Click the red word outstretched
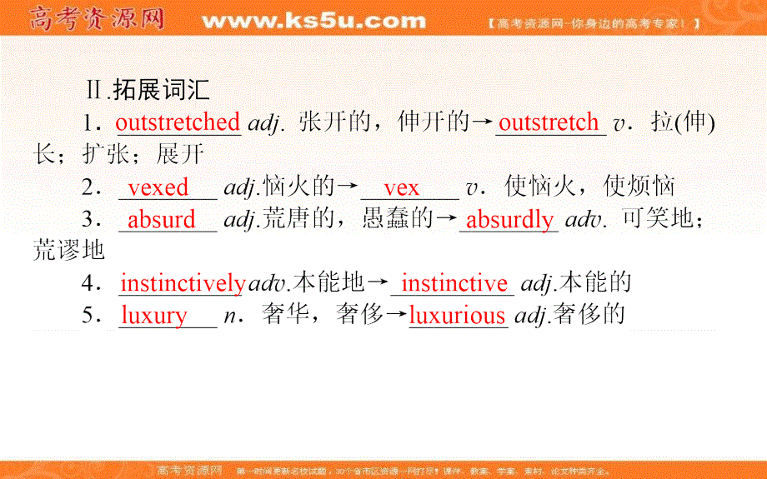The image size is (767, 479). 178,122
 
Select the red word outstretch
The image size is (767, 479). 549,122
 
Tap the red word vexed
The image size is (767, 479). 158,187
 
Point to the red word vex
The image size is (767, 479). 402,187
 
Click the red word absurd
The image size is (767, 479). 162,220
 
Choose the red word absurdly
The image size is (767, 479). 509,220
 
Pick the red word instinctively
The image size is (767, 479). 183,284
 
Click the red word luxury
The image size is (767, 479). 154,316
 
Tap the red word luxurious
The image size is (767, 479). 457,316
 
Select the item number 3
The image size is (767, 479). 91,220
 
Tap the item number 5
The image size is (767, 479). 91,316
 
